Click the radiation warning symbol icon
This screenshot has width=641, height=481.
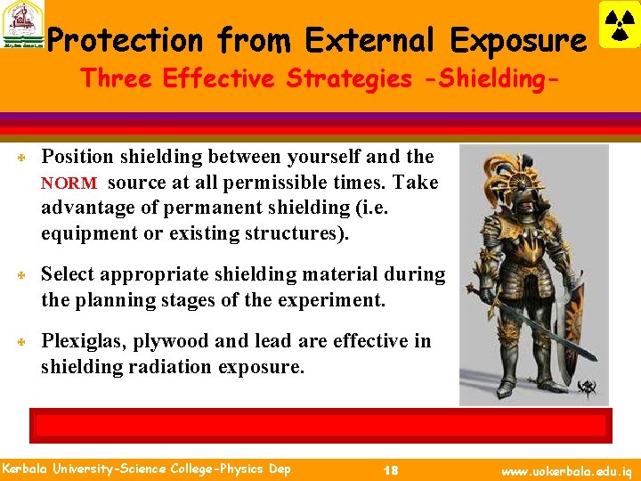[x=620, y=24]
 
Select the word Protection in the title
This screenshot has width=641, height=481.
[x=125, y=40]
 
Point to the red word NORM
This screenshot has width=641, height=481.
[x=69, y=183]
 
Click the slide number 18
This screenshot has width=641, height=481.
[x=390, y=469]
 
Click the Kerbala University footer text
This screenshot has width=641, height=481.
[x=146, y=469]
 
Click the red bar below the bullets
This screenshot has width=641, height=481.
[x=320, y=424]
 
